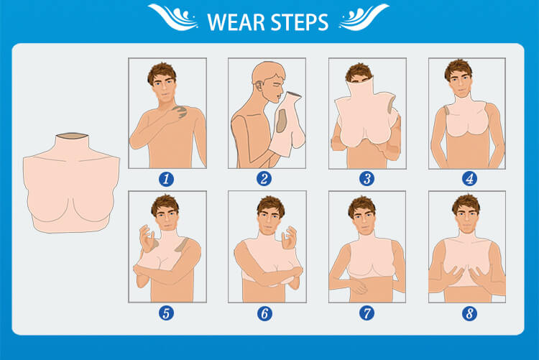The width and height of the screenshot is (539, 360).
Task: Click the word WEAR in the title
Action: [x=236, y=22]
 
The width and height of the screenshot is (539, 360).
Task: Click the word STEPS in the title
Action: [x=299, y=22]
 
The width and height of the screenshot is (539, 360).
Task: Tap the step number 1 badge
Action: [x=167, y=179]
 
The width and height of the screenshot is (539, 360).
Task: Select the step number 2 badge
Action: [x=264, y=179]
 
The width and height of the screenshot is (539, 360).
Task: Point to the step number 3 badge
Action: [x=367, y=179]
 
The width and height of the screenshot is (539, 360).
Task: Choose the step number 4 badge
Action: [x=469, y=179]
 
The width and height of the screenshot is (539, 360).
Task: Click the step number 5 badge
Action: [x=167, y=313]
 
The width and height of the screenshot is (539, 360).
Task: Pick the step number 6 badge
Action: [x=264, y=313]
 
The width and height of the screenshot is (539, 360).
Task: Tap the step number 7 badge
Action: [x=367, y=313]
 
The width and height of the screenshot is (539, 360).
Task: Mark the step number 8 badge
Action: [x=469, y=313]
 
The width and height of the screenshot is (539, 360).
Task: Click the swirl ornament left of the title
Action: [x=174, y=17]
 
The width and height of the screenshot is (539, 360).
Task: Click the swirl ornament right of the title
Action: [x=364, y=17]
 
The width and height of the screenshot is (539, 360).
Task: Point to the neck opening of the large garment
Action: [x=72, y=136]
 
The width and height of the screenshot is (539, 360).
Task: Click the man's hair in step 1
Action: [x=162, y=72]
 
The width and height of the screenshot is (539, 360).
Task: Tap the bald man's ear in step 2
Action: [x=259, y=86]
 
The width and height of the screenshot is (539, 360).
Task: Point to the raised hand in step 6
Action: [x=289, y=238]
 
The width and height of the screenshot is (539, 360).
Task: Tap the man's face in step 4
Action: [x=459, y=83]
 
